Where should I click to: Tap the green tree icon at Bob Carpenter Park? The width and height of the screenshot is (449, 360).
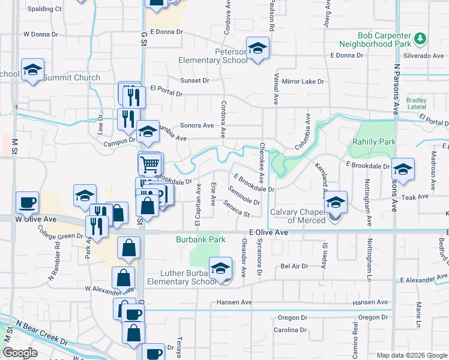pos(421,38)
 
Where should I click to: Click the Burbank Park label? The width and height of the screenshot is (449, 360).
pos(200,239)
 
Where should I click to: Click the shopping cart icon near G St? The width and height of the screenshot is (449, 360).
pos(150,163)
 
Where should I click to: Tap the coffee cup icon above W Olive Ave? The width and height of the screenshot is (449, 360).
pos(28,202)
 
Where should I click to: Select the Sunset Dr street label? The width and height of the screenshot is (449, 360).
pos(194,80)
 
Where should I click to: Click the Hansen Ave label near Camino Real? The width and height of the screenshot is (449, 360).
pos(370,302)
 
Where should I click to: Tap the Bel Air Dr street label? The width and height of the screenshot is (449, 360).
pos(294,266)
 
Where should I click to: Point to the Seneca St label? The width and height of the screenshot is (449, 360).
pos(236,209)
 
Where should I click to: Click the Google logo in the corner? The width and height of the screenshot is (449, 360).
pos(20,353)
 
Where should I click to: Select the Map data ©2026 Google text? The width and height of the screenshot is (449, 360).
pos(411,355)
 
